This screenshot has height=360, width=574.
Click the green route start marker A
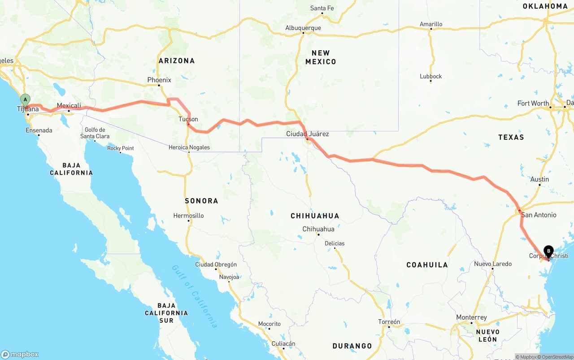point(26,100)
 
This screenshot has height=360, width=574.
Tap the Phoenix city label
point(159,80)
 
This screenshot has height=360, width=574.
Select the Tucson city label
point(188,119)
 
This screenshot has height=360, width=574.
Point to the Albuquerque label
point(303,28)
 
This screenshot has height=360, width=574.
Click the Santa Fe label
point(322,8)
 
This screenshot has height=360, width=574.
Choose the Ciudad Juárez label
point(308,134)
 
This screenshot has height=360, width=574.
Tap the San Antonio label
point(539,215)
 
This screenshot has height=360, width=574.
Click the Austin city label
point(539,179)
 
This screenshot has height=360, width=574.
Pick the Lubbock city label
point(430,76)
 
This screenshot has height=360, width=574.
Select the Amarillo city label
point(431,24)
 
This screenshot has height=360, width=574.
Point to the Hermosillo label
point(188,216)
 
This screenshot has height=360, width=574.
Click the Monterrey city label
point(471,317)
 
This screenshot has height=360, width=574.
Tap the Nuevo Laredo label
point(493,264)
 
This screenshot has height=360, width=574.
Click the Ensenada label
point(39,130)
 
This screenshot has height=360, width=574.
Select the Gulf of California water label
point(195,296)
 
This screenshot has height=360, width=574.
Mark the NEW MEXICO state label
point(321,57)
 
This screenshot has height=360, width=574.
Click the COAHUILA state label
point(427,265)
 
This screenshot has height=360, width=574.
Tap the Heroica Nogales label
point(189,147)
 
